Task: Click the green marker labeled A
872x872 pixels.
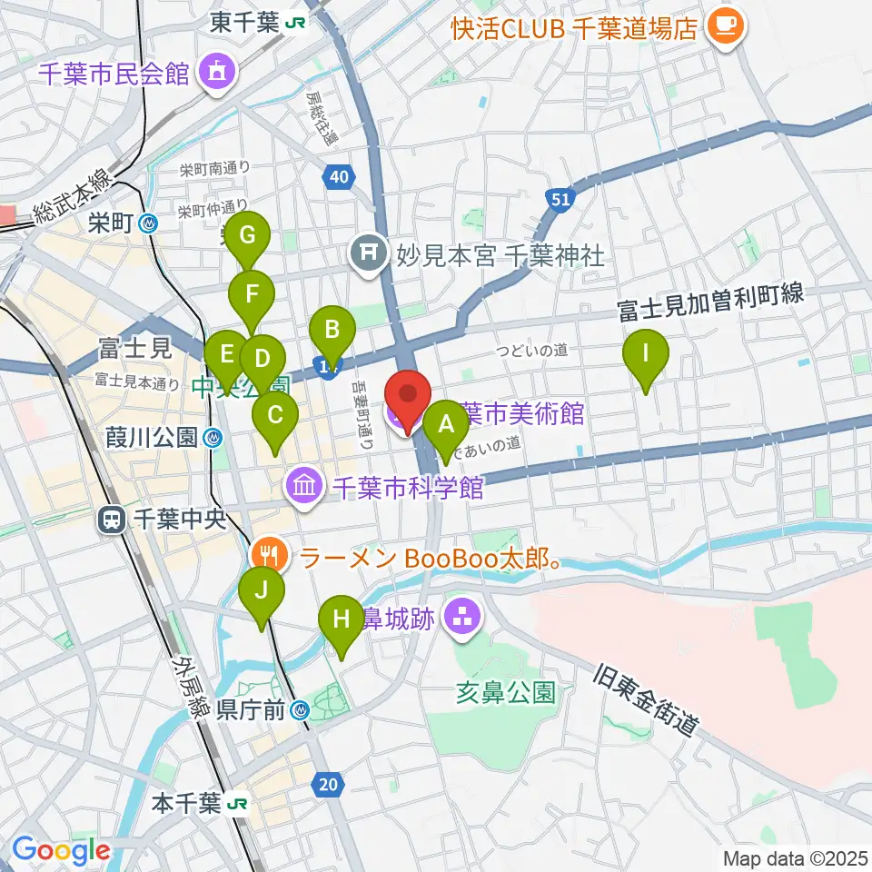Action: (445, 424)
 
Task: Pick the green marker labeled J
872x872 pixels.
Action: (262, 591)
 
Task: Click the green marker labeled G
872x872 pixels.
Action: (247, 237)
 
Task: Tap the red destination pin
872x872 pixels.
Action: (407, 400)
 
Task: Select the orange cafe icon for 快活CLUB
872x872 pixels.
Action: (727, 26)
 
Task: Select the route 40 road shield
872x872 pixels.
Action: (338, 178)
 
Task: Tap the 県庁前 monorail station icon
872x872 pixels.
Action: (303, 713)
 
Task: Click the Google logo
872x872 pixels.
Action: (60, 851)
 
